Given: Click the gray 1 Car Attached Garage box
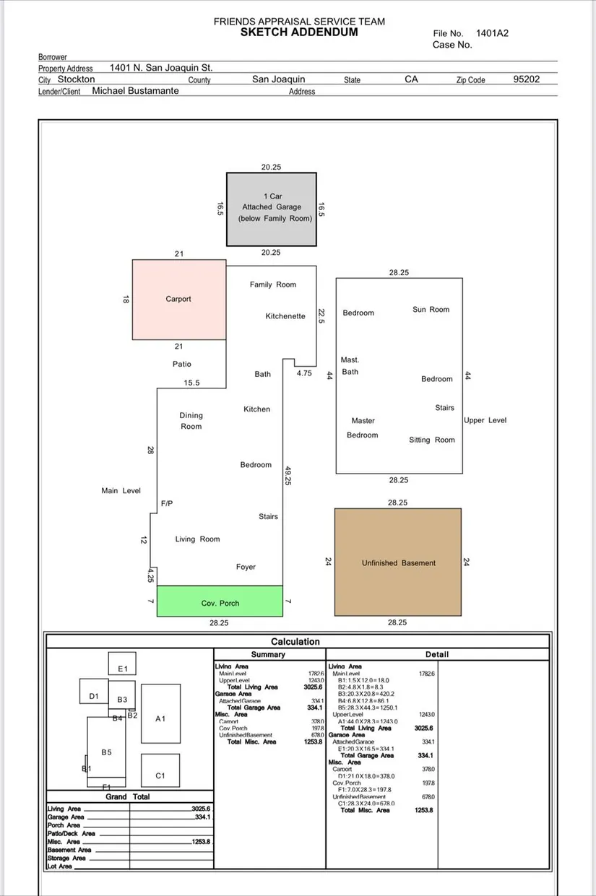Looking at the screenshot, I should point(272,208).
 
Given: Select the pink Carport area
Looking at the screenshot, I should point(178,299).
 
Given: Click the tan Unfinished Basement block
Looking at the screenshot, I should point(398,562).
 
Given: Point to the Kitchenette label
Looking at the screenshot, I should point(285,316).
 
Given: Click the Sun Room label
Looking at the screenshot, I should point(431,310).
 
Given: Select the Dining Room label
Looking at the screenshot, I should point(191,421).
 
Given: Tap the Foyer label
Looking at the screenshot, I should point(246,567).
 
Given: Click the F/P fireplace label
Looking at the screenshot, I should point(167,503).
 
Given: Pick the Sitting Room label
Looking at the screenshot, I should point(432,440).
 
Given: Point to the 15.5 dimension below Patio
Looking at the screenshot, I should point(191,383).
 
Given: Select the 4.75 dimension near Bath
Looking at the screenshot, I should point(304,373).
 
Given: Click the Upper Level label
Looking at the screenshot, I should point(485,420).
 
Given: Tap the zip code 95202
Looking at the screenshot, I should point(526,79).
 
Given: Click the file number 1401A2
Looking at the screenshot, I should point(492,33).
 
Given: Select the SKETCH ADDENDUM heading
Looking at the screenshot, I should point(299,32).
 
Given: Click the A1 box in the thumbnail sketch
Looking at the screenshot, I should point(160,718).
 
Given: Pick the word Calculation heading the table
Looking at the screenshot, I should point(295,641).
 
